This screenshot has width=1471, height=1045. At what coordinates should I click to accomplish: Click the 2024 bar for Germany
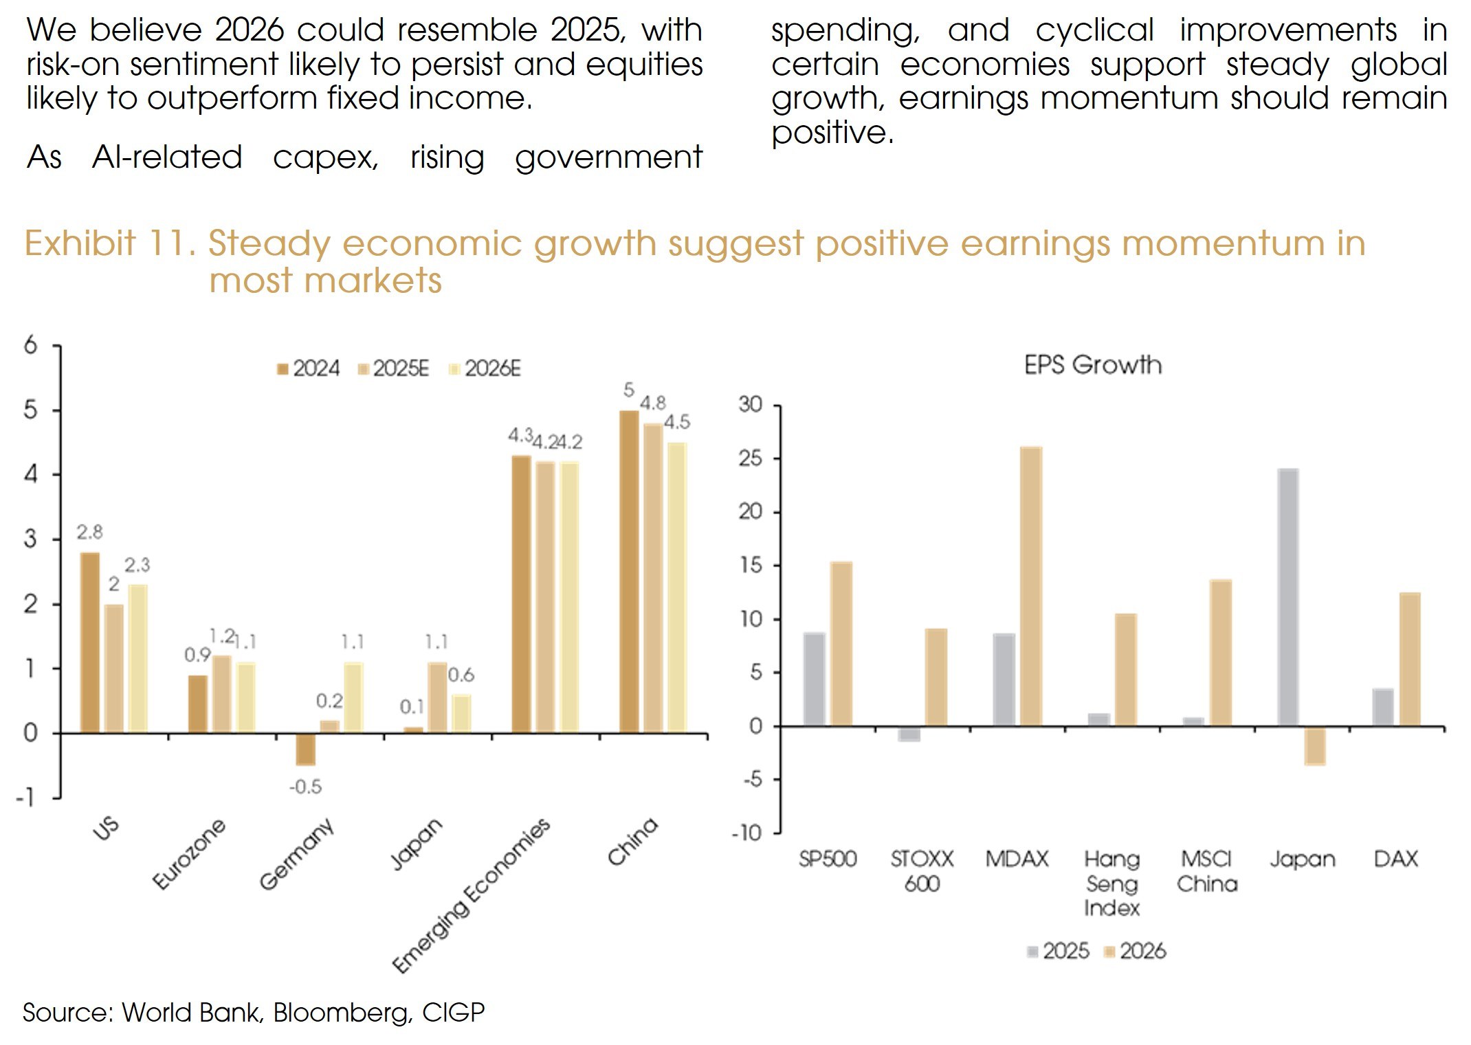point(305,749)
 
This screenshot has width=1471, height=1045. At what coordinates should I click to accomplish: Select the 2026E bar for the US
point(137,658)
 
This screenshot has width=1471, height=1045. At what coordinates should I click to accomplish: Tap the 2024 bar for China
point(629,571)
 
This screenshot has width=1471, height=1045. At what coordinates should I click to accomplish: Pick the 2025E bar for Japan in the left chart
point(437,697)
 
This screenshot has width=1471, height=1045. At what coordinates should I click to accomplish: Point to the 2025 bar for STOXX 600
point(909,734)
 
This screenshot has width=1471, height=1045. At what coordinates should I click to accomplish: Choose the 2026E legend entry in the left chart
point(485,369)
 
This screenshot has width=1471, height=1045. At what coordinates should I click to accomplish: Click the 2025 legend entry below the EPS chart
point(1059,951)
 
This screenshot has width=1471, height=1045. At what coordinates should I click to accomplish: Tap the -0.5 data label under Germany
point(305,786)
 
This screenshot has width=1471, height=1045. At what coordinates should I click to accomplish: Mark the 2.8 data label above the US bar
point(89,532)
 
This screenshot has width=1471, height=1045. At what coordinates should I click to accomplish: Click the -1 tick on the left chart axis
point(26,797)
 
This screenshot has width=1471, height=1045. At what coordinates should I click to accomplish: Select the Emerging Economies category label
point(472,894)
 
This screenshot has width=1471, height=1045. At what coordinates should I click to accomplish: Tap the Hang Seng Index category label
point(1111,883)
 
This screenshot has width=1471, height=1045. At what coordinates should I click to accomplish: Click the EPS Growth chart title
point(1093,365)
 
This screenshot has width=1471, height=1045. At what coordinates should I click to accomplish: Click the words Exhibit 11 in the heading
point(110,243)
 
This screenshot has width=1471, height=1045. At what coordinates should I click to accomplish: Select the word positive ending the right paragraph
point(832,132)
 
